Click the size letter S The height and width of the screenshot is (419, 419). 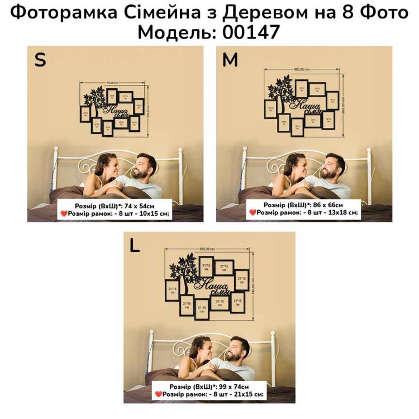(40, 60)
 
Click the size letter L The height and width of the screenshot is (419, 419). (135, 246)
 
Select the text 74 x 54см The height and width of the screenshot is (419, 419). (139, 205)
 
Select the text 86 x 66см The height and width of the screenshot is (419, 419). (327, 205)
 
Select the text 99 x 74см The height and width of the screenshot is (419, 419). (233, 387)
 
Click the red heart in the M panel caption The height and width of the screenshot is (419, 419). (253, 213)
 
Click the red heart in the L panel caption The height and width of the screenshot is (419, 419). (158, 394)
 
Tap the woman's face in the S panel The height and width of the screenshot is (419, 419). (106, 165)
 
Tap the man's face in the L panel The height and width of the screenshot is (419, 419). (238, 351)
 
